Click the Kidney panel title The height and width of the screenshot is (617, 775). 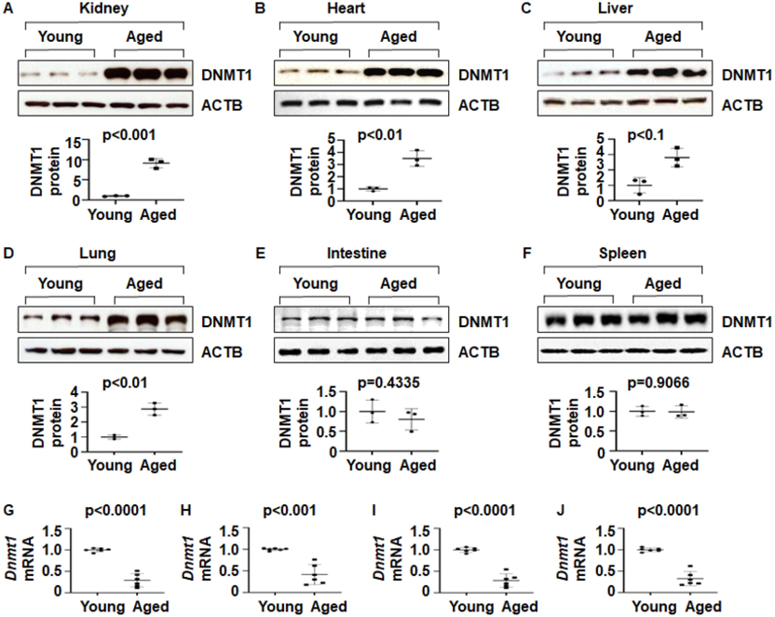point(103,9)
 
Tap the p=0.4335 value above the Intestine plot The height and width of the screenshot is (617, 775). point(388,383)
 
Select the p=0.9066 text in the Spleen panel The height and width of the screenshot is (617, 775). point(659,383)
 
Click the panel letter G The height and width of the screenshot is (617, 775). point(7,510)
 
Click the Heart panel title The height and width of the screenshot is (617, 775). point(346,8)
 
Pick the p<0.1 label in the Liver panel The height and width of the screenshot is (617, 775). point(646,135)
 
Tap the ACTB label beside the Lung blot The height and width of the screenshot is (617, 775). point(222,352)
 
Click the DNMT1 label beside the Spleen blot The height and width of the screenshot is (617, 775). point(747,322)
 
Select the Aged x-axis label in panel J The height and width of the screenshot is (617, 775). point(704,607)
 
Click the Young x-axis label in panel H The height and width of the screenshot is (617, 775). point(280,607)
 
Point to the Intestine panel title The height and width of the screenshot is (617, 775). point(357,254)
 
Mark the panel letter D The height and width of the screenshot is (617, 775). point(7,254)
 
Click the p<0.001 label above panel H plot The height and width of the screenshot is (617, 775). point(289,510)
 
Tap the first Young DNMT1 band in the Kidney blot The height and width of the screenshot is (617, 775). point(31,75)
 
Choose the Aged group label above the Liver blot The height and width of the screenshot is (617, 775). point(663,37)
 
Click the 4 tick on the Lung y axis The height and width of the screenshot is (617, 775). point(75,392)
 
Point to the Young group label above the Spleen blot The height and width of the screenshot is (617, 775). point(578,283)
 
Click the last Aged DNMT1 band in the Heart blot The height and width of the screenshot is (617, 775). point(429,74)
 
